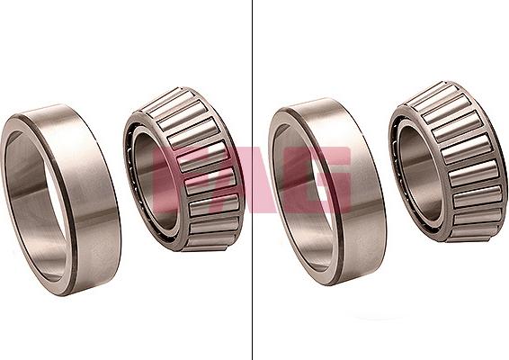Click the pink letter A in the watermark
pyautogui.click(x=253, y=175)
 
